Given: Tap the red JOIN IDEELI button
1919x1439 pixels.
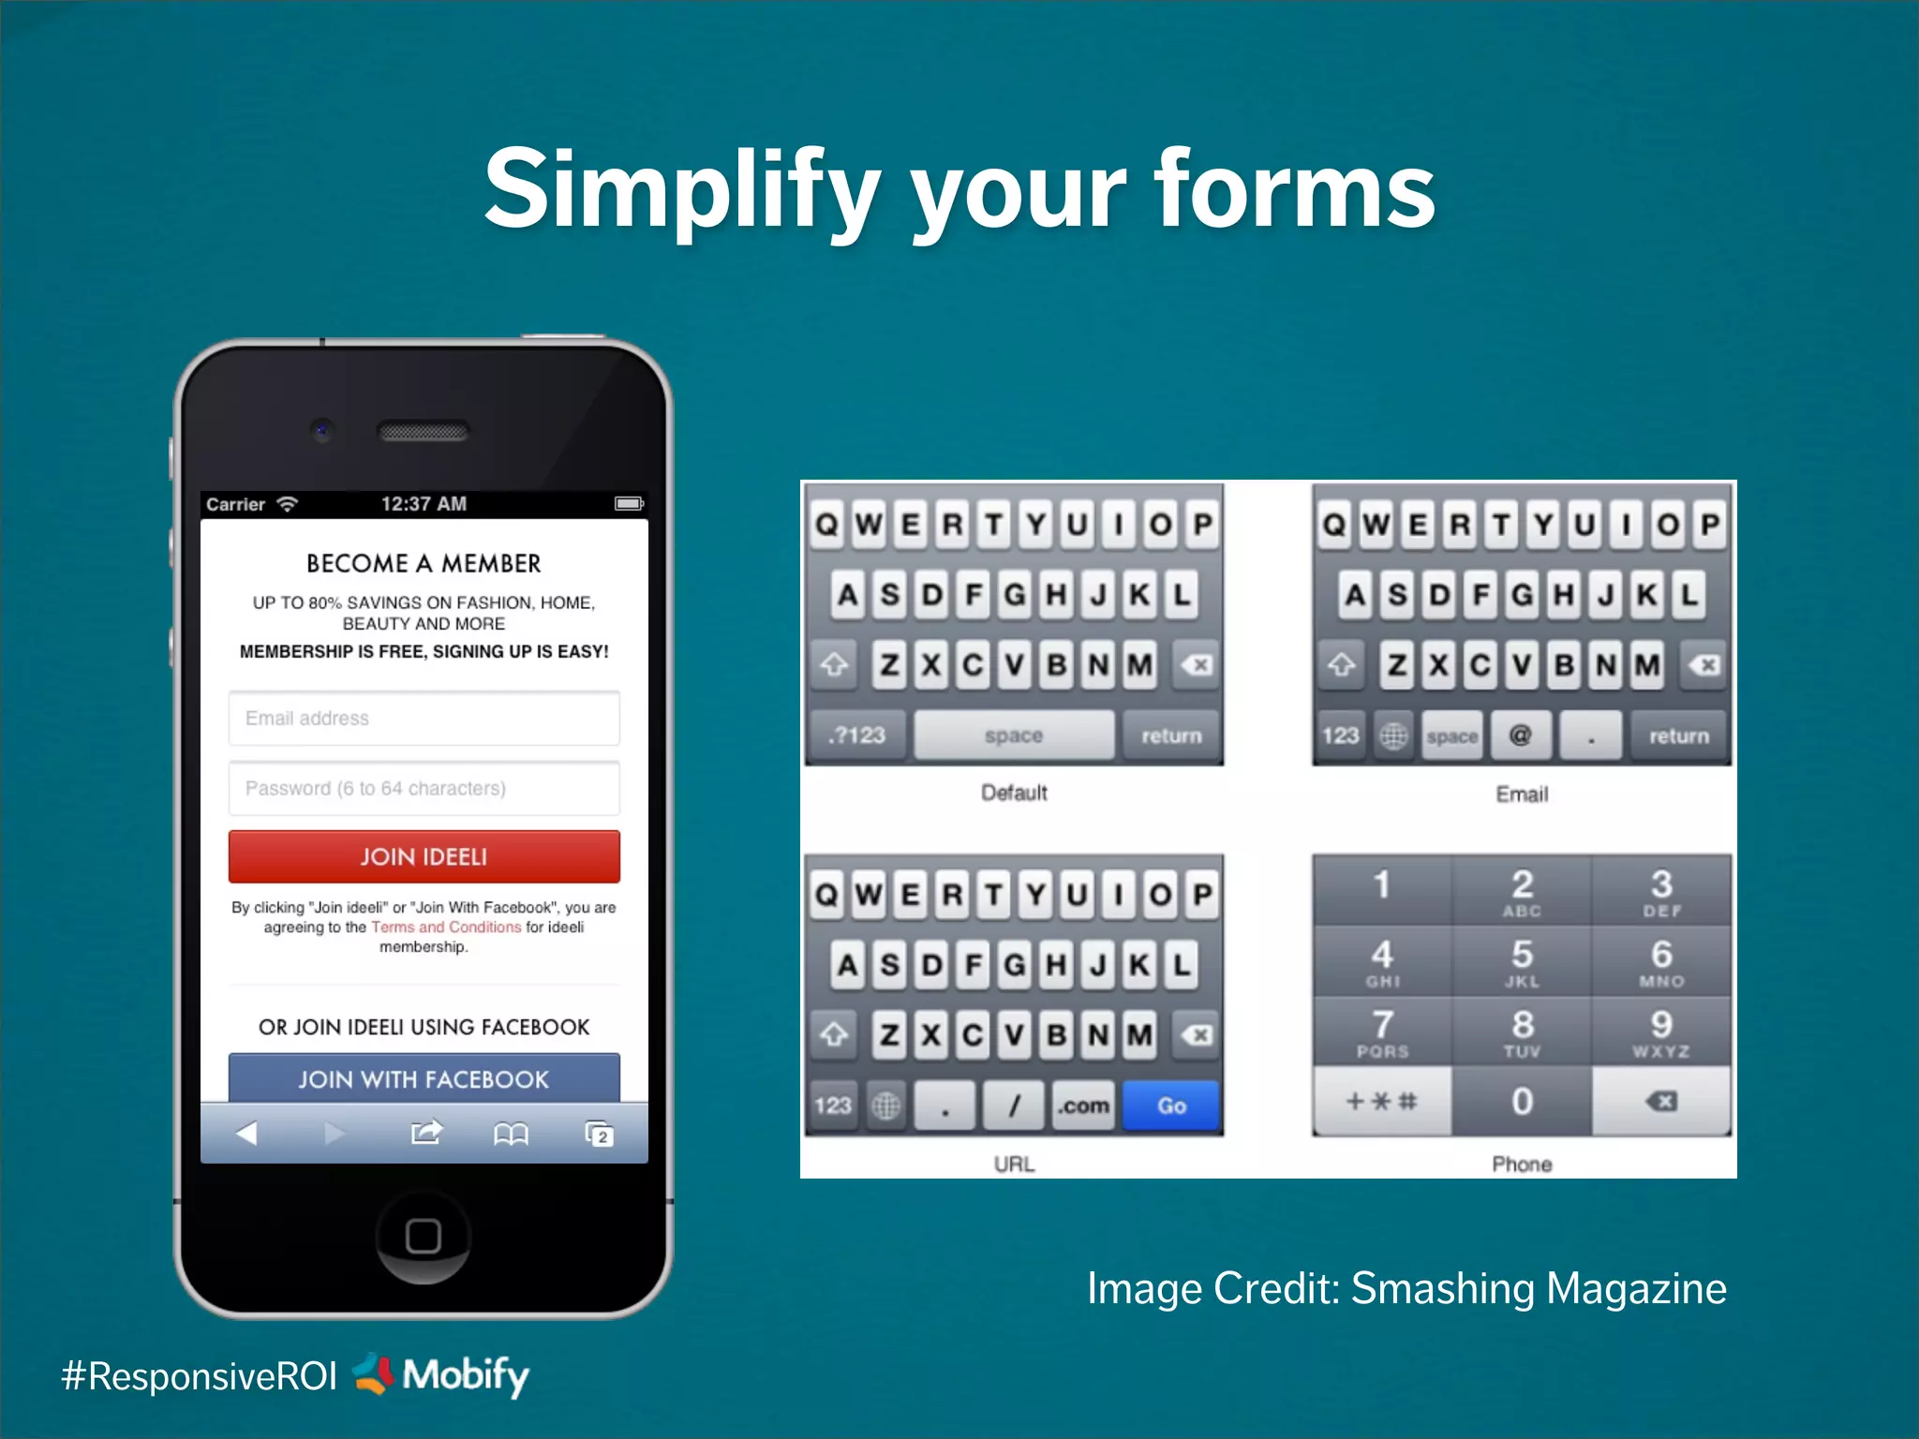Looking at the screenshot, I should (x=424, y=856).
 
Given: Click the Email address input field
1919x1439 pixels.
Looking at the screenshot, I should (x=424, y=719).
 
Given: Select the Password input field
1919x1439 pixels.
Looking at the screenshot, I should (x=424, y=788).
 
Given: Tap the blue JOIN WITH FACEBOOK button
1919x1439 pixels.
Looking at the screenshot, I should (x=424, y=1078).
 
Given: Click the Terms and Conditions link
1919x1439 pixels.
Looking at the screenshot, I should (x=446, y=927).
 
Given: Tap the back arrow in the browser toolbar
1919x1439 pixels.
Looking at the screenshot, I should (x=246, y=1134).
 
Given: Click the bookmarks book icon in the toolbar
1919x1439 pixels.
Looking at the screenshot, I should (x=511, y=1135).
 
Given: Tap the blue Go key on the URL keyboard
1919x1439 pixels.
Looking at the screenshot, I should (x=1171, y=1105).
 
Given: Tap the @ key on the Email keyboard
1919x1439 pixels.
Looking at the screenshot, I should (x=1520, y=735).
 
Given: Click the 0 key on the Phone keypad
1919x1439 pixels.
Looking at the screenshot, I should (x=1522, y=1101).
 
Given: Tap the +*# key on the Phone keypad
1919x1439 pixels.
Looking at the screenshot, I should (x=1381, y=1101).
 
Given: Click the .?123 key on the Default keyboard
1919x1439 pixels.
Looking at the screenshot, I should (x=857, y=735).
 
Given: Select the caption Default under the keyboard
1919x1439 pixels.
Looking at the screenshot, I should (x=1014, y=793).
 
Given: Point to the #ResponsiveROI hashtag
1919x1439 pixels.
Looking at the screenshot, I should (x=199, y=1376).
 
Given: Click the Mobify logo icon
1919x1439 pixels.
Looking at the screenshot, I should (x=374, y=1373).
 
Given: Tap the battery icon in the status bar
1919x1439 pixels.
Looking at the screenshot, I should (x=629, y=504).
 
